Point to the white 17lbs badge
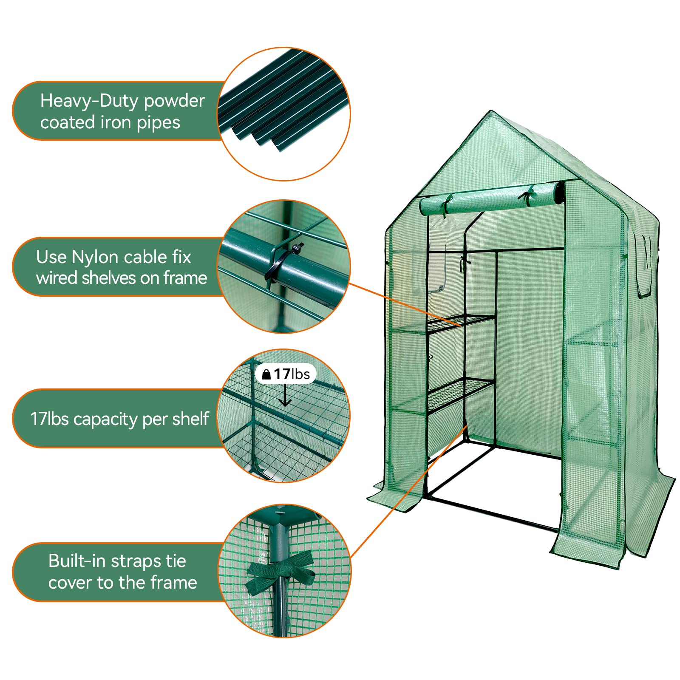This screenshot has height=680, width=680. click(286, 374)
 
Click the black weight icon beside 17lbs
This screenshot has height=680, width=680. click(266, 374)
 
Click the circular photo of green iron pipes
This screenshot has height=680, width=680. click(284, 114)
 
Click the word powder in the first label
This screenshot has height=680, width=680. click(174, 101)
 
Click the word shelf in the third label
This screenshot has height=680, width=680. click(191, 419)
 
